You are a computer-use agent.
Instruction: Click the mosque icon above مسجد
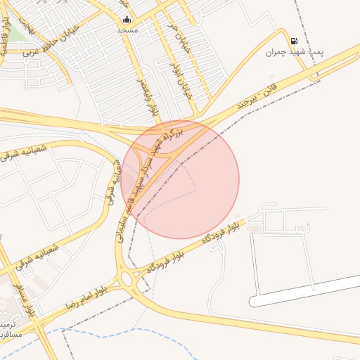[x=126, y=20]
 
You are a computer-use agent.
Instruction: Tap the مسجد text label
[x=127, y=31]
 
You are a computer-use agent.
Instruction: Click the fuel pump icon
[x=293, y=41]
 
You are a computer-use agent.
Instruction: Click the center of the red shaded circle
[x=180, y=180]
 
